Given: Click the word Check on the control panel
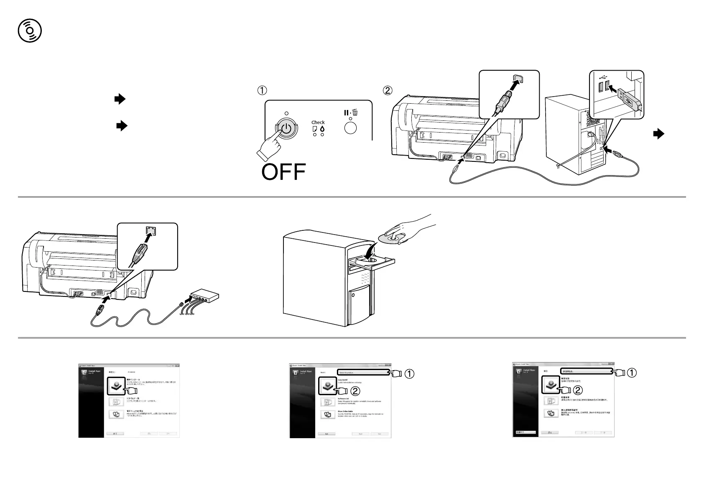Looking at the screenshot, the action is tap(318, 123).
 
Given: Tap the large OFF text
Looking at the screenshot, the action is tap(284, 172).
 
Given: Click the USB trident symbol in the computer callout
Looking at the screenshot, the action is tap(602, 77).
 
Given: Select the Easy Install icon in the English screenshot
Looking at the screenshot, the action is tap(327, 386).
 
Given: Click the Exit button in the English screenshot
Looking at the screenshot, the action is tap(327, 434).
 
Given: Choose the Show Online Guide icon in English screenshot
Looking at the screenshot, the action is tap(327, 415).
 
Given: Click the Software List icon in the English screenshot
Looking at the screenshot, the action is tap(327, 402).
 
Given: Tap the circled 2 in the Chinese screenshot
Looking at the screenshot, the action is tap(577, 390).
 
